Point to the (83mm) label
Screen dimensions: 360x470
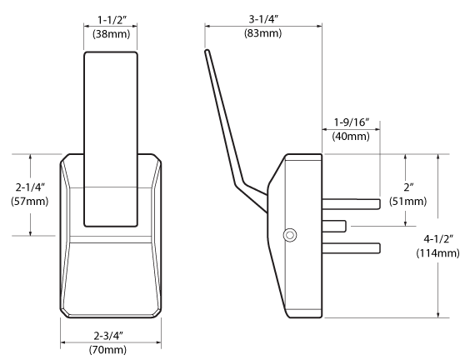(x=262, y=34)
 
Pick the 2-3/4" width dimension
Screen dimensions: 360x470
(x=110, y=335)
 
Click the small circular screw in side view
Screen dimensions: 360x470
(x=288, y=236)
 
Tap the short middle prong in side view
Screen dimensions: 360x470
(x=333, y=224)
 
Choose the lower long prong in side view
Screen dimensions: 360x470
(x=351, y=247)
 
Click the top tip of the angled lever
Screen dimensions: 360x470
(x=207, y=52)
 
